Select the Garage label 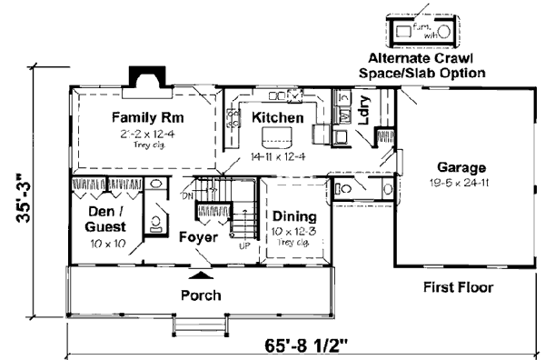[461, 168]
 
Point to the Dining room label [292, 217]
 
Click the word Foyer [197, 237]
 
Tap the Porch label [201, 295]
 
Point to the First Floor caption [458, 288]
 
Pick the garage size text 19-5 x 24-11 [461, 183]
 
